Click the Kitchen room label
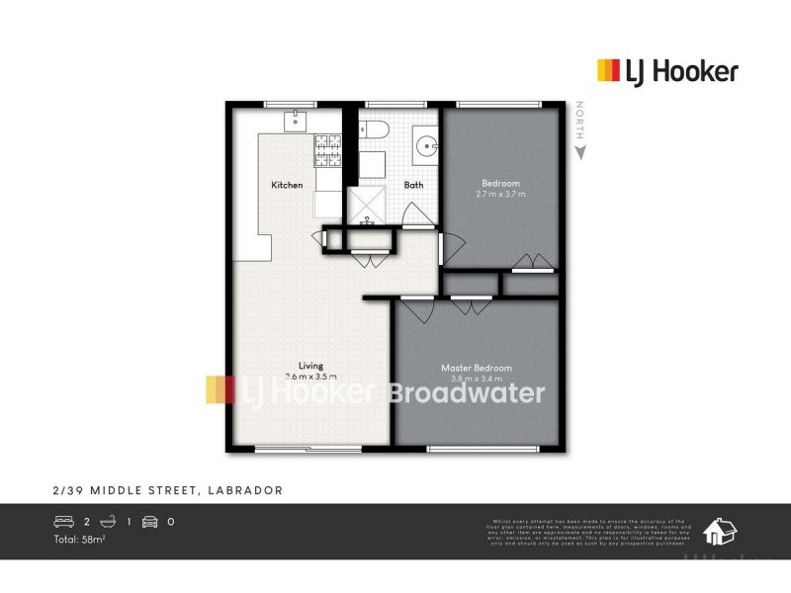coord(287,185)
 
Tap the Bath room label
coord(413,185)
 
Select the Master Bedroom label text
coord(477,369)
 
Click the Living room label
coord(311,366)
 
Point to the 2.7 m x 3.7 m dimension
coord(500,194)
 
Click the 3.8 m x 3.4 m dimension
coord(477,379)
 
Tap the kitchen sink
coord(296,121)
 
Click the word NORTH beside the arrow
coord(581,123)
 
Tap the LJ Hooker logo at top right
coord(667,70)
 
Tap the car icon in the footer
coord(150,521)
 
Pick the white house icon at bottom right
coord(719,532)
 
